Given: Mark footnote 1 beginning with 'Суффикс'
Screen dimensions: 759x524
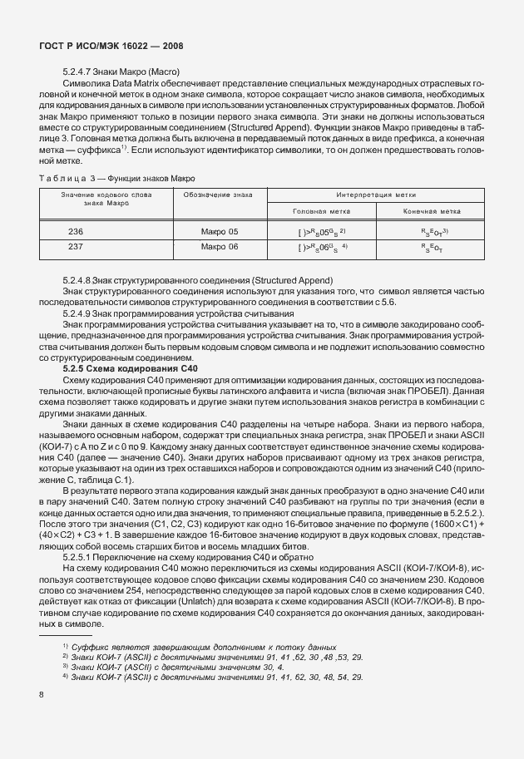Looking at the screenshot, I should [200, 646].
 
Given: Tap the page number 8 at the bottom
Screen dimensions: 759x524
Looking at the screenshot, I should [42, 693].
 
